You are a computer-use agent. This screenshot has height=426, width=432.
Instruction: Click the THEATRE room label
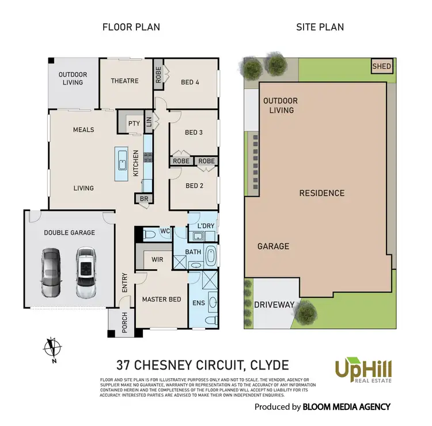[x=124, y=81]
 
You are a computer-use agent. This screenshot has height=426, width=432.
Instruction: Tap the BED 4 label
[x=190, y=82]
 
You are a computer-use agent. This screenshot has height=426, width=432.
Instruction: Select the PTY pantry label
[x=134, y=123]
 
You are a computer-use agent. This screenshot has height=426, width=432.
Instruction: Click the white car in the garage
[x=86, y=272]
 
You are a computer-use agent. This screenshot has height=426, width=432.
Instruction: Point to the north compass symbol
[x=52, y=348]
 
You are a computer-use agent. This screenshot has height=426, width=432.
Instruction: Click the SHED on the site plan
[x=381, y=66]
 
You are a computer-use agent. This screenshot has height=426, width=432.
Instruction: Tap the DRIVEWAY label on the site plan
[x=275, y=304]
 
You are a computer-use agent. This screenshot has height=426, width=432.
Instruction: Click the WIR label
[x=158, y=260]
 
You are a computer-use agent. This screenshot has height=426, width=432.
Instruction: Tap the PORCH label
[x=124, y=326]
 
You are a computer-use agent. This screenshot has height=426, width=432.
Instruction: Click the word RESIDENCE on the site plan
[x=321, y=193]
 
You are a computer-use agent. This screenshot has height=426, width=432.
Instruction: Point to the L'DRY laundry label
[x=206, y=223]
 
